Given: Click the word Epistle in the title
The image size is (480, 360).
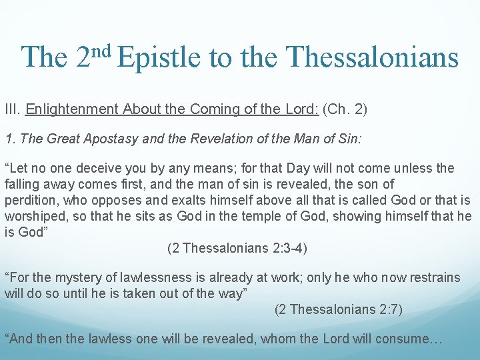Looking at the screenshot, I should point(159,57).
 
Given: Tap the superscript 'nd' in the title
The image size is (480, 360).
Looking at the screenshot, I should point(103,48).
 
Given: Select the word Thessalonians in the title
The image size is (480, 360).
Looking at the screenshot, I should point(373,57).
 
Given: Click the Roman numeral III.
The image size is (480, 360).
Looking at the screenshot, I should point(13,109).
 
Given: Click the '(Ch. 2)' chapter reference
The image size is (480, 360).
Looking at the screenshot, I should point(347,109).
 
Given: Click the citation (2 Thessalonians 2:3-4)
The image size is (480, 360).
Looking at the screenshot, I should point(237,248).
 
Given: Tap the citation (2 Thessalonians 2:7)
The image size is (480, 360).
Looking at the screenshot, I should point(339,309).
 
